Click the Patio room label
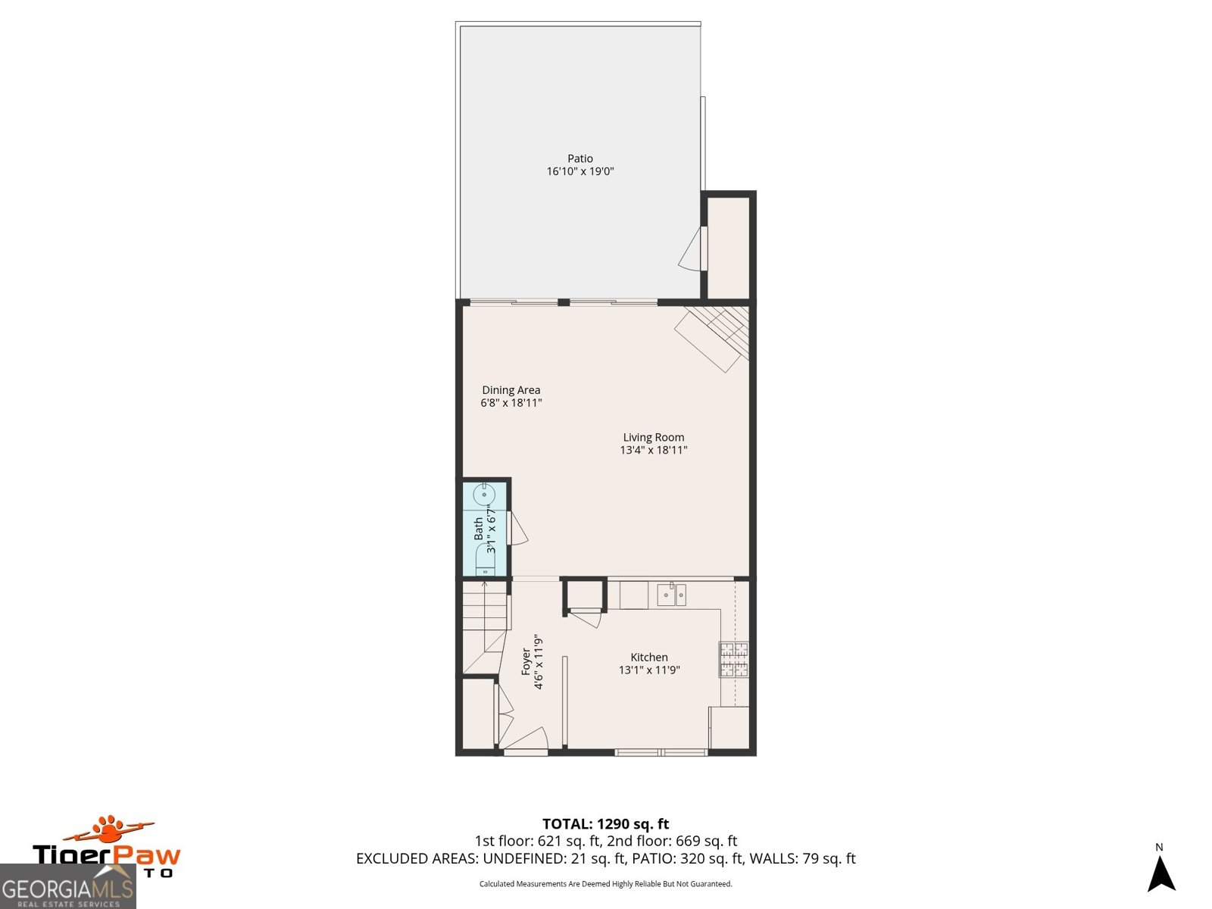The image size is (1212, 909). (x=580, y=158)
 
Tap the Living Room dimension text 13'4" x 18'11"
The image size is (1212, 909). (x=653, y=450)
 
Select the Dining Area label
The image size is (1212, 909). (x=511, y=390)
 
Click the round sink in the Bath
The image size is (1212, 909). (x=483, y=495)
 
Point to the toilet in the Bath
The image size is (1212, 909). (x=483, y=564)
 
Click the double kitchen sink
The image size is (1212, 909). (x=671, y=595)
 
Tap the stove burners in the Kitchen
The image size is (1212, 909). (x=733, y=659)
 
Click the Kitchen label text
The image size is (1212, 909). (x=649, y=658)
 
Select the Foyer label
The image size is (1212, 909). (x=526, y=661)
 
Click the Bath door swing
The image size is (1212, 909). (x=519, y=529)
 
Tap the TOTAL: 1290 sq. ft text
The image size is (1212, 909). (x=605, y=823)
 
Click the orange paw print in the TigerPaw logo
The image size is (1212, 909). (x=110, y=829)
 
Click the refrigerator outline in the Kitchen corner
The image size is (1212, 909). (x=729, y=727)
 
